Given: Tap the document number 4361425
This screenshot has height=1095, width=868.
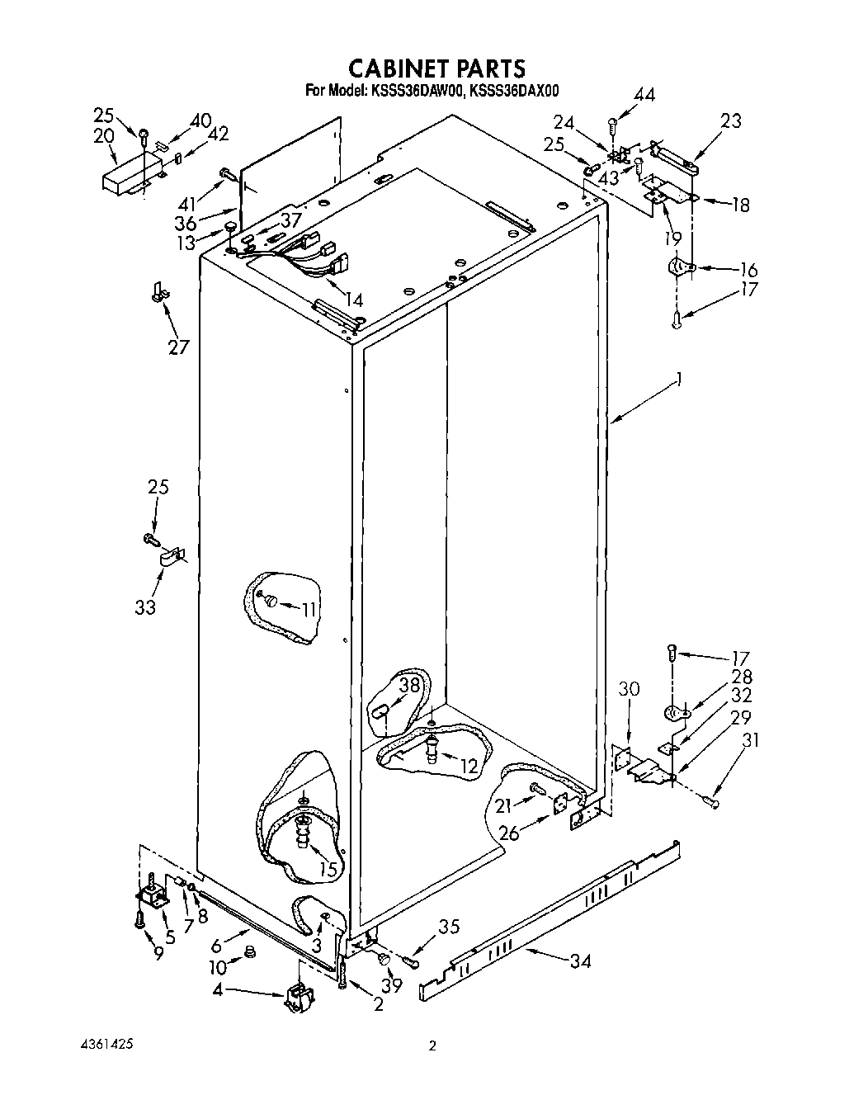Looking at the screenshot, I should coord(98,1044).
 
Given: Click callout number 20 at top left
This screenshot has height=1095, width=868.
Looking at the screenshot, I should coord(103,136).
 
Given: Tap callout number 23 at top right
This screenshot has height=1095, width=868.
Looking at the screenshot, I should coord(730,121).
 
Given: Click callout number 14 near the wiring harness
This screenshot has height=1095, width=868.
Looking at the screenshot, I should coord(353,300).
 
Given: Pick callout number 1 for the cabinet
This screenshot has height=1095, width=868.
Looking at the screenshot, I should coord(679,379).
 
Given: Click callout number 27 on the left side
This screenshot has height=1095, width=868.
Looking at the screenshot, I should coord(178,347).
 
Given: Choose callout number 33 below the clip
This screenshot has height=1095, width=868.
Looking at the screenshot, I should coord(145,607).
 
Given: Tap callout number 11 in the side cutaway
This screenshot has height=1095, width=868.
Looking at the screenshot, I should coord(309,610).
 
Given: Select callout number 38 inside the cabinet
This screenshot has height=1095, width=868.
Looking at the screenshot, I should coord(410,684).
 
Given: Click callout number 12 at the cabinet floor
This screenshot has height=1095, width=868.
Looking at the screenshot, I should coord(469,766).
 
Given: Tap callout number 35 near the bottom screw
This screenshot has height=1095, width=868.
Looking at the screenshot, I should coord(448,927).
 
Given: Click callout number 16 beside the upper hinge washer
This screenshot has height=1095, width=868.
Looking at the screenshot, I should coord(748,270).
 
